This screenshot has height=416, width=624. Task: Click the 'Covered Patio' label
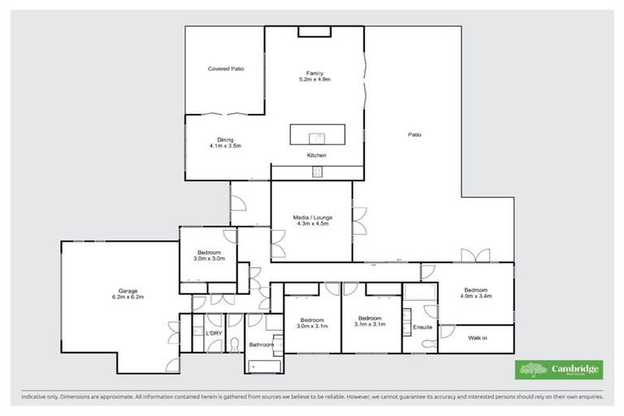[225, 69]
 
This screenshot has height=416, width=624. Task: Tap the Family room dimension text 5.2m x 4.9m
[315, 79]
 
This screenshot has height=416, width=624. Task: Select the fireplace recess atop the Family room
[314, 32]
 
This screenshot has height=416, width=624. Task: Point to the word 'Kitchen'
[316, 155]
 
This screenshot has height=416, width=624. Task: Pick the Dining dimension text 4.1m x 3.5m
[224, 146]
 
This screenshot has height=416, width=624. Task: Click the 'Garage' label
[128, 290]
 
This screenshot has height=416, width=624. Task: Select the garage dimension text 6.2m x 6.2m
[128, 297]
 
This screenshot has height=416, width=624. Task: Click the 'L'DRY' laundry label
[214, 333]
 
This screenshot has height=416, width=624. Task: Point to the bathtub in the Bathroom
[265, 366]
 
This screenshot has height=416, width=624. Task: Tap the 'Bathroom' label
[261, 345]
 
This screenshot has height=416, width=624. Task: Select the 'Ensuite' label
[423, 327]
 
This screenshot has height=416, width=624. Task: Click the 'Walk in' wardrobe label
[478, 337]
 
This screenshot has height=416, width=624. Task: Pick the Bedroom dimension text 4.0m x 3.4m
[476, 297]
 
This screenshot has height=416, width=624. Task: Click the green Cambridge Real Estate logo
[560, 370]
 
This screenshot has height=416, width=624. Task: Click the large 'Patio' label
[415, 135]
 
